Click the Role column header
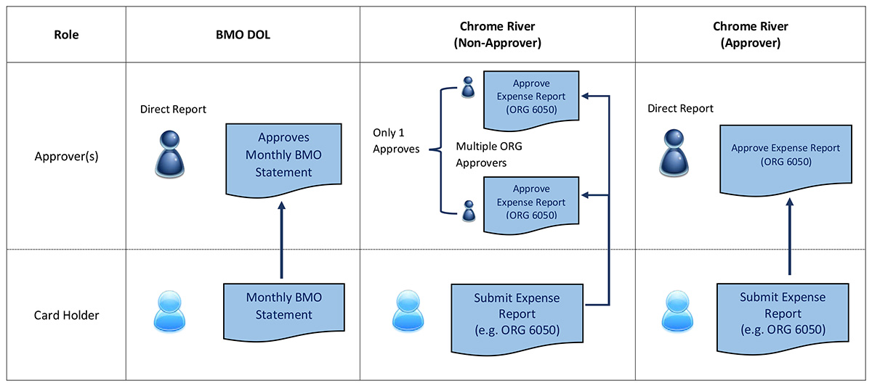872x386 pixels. pyautogui.click(x=66, y=34)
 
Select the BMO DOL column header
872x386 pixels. pyautogui.click(x=243, y=34)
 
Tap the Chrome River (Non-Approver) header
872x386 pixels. pyautogui.click(x=497, y=34)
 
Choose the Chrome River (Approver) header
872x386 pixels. pyautogui.click(x=750, y=34)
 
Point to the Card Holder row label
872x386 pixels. pyautogui.click(x=66, y=316)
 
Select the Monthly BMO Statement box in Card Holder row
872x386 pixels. pyautogui.click(x=283, y=305)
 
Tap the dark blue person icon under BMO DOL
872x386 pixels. pyautogui.click(x=172, y=153)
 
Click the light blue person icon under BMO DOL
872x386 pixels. pyautogui.click(x=171, y=313)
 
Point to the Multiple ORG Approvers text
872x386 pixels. pyautogui.click(x=488, y=155)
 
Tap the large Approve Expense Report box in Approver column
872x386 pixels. pyautogui.click(x=785, y=156)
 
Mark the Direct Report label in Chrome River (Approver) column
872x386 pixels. pyautogui.click(x=680, y=109)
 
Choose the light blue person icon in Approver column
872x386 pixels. pyautogui.click(x=677, y=313)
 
